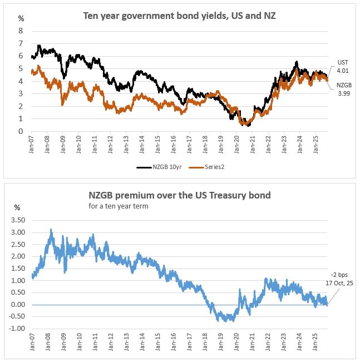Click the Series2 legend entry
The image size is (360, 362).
pyautogui.click(x=208, y=166)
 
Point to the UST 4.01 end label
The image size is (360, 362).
pyautogui.click(x=343, y=67)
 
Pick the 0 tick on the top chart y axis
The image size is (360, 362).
pyautogui.click(x=21, y=131)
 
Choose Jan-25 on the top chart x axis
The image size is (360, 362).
pyautogui.click(x=315, y=146)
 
